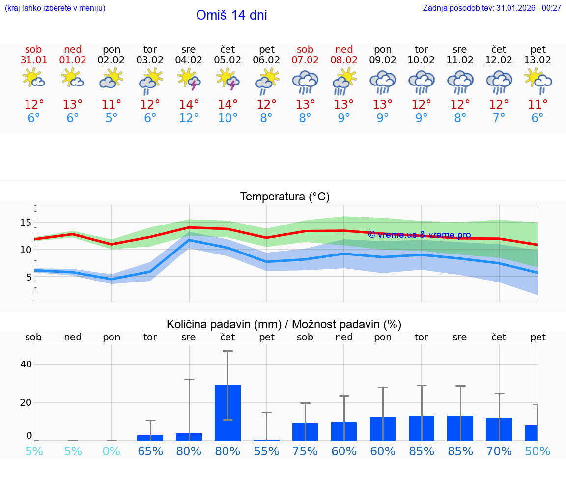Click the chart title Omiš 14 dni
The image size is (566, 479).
coord(231,15)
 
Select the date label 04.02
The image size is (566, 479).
coord(189,60)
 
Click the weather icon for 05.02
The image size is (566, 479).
coord(227,80)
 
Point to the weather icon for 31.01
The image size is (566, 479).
coord(33,79)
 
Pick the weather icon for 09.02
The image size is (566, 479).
coord(383,82)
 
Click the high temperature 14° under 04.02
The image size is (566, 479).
coord(189,105)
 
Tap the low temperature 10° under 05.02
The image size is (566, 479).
coord(227,118)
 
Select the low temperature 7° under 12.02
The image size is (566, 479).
coord(499,118)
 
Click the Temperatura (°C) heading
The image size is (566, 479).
coord(284,197)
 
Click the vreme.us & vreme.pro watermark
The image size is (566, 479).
coord(419,235)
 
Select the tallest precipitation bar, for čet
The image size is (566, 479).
coord(227,413)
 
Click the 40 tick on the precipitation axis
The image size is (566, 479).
coord(26,364)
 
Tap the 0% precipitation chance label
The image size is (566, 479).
coord(112,451)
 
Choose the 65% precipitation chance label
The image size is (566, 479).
coord(150,451)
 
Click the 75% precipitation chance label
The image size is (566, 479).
coord(305,451)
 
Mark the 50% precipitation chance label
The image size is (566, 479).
coord(538,451)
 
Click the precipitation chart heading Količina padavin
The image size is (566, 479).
coord(284,324)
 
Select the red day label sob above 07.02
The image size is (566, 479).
coord(305,50)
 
